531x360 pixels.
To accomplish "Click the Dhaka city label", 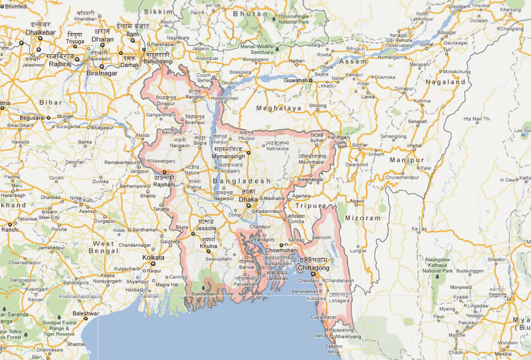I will pyautogui.click(x=248, y=200).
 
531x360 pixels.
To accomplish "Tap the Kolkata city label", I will pyautogui.click(x=153, y=258).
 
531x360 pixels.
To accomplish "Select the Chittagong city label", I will pyautogui.click(x=314, y=268).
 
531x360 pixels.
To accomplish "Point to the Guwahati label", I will pyautogui.click(x=296, y=81).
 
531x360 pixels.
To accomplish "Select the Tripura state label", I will pyautogui.click(x=311, y=206).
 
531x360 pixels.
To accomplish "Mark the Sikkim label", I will pyautogui.click(x=158, y=11).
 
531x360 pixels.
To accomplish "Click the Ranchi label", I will pyautogui.click(x=10, y=230).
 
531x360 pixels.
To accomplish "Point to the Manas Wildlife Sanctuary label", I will pyautogui.click(x=256, y=49).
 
